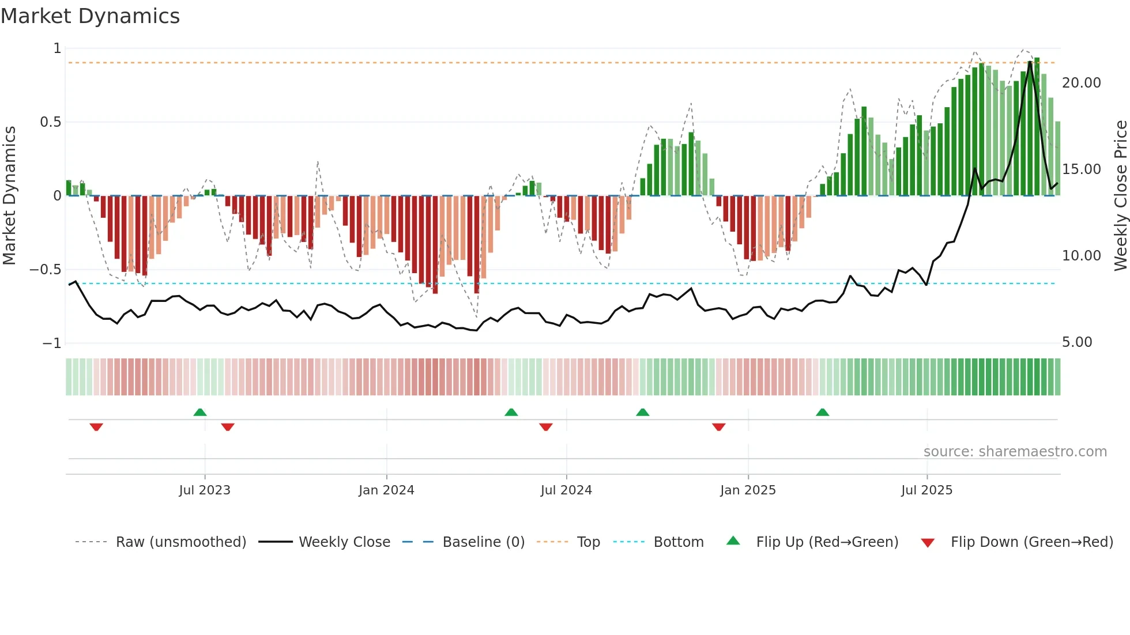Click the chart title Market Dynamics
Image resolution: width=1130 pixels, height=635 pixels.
coord(90,16)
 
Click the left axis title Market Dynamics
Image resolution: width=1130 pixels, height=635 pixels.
coord(9,195)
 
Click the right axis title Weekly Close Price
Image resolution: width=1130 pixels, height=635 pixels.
coord(1120,195)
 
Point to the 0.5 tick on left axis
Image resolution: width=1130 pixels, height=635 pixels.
coord(50,122)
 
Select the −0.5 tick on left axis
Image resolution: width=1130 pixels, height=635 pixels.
coord(45,270)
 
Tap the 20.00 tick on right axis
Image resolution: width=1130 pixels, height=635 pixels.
coord(1081,83)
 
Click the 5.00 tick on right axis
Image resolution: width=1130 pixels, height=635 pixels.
coord(1077,342)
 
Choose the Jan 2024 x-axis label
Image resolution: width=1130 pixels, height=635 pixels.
coord(386,490)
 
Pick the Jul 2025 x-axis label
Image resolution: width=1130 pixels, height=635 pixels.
coord(926,490)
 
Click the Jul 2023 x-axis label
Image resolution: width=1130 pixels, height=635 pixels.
coord(205,490)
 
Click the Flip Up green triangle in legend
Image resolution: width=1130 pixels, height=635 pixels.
coord(733,540)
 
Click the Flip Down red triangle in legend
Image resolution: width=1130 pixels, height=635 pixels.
coord(928,543)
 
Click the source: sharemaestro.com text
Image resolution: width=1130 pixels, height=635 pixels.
coord(1015,452)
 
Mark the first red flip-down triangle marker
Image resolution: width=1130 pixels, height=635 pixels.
coord(96,427)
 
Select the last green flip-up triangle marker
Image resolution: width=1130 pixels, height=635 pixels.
coord(823,412)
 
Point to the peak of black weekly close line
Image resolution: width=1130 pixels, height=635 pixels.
coord(1030,61)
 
